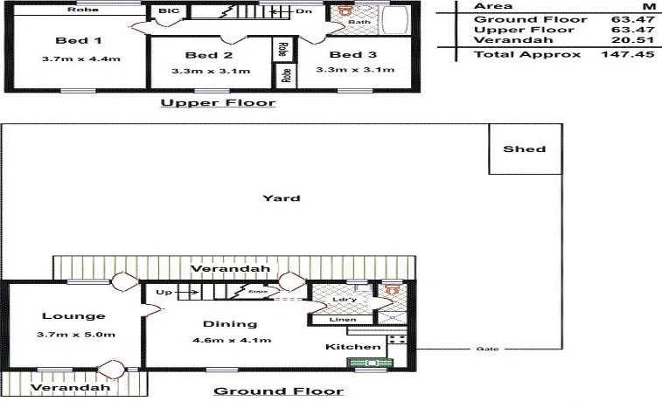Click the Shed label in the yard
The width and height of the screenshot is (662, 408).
click(524, 149)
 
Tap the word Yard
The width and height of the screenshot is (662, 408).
click(282, 197)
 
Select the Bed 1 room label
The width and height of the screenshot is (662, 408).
click(79, 40)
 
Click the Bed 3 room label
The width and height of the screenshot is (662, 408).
click(346, 55)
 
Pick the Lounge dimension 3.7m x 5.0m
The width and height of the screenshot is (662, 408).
click(79, 334)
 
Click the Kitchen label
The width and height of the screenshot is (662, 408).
click(343, 347)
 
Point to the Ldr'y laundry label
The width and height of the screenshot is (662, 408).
click(343, 301)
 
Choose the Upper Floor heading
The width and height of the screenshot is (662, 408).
click(218, 102)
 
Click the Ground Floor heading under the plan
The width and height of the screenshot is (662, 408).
click(278, 391)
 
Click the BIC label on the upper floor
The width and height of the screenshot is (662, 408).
click(165, 11)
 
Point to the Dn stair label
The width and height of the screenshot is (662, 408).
click(303, 11)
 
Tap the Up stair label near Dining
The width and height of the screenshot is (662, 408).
click(164, 292)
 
